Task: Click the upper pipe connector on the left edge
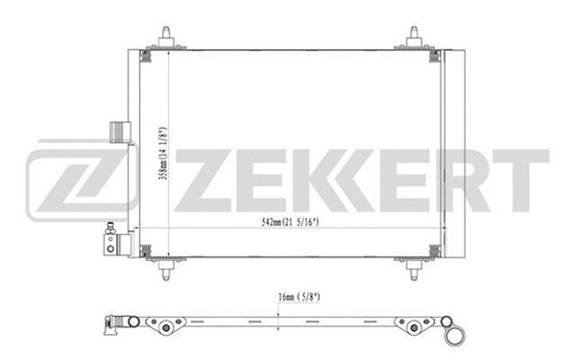click(x=118, y=131)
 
